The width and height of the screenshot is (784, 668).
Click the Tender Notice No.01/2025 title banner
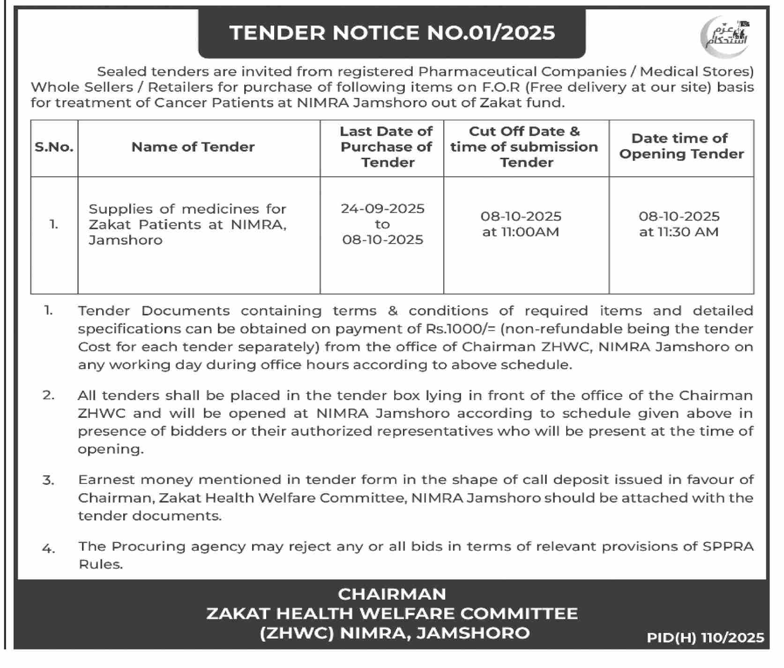392,33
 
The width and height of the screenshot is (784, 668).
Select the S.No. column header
54,147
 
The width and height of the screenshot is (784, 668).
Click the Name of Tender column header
193,147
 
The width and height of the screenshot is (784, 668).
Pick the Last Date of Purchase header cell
386,147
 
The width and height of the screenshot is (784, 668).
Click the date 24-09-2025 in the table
382,208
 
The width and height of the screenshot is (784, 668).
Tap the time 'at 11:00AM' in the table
521,232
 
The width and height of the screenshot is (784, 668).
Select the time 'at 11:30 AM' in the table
679,232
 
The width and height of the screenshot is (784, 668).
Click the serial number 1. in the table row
54,224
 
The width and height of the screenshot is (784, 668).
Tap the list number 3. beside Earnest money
48,480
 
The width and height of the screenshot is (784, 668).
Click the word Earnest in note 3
107,480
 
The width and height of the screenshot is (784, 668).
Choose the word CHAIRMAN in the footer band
392,594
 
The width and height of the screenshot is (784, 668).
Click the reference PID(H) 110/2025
705,638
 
